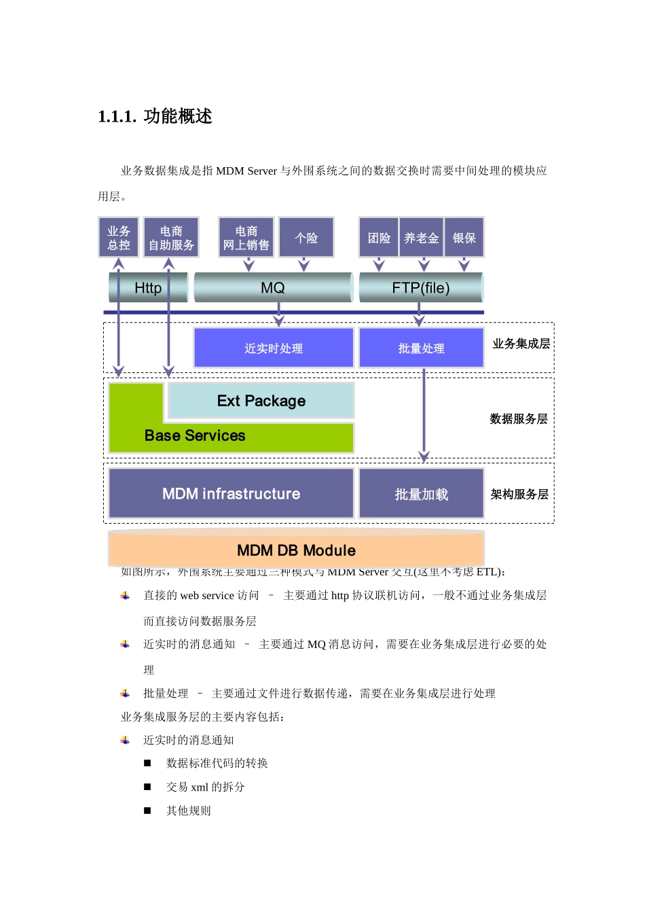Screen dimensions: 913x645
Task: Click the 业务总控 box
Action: pyautogui.click(x=119, y=238)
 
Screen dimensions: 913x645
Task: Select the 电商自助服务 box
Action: pyautogui.click(x=171, y=238)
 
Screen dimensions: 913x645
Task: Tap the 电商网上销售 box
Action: pyautogui.click(x=246, y=238)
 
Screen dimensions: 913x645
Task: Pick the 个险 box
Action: pyautogui.click(x=306, y=238)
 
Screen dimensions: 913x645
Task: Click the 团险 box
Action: pyautogui.click(x=379, y=238)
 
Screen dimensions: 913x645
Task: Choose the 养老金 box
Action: pyautogui.click(x=422, y=238)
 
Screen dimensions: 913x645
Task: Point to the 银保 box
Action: pyautogui.click(x=464, y=238)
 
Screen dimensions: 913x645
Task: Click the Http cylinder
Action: pyautogui.click(x=148, y=288)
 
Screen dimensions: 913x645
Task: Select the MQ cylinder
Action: pyautogui.click(x=273, y=288)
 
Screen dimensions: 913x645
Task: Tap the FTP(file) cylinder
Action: pyautogui.click(x=421, y=288)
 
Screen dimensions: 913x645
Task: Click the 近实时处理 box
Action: pyautogui.click(x=274, y=348)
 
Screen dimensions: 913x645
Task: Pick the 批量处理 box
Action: pyautogui.click(x=421, y=348)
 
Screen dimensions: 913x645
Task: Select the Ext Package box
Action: pyautogui.click(x=261, y=401)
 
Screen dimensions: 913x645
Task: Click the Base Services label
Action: pyautogui.click(x=195, y=436)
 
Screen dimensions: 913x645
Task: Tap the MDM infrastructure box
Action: pyautogui.click(x=231, y=494)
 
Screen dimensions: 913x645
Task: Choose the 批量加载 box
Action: pyautogui.click(x=422, y=494)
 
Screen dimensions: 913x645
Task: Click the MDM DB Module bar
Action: pyautogui.click(x=296, y=550)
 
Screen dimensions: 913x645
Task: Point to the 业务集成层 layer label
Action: pyautogui.click(x=521, y=344)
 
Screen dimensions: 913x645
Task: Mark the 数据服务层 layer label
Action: pyautogui.click(x=519, y=419)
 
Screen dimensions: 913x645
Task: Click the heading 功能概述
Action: pyautogui.click(x=178, y=116)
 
